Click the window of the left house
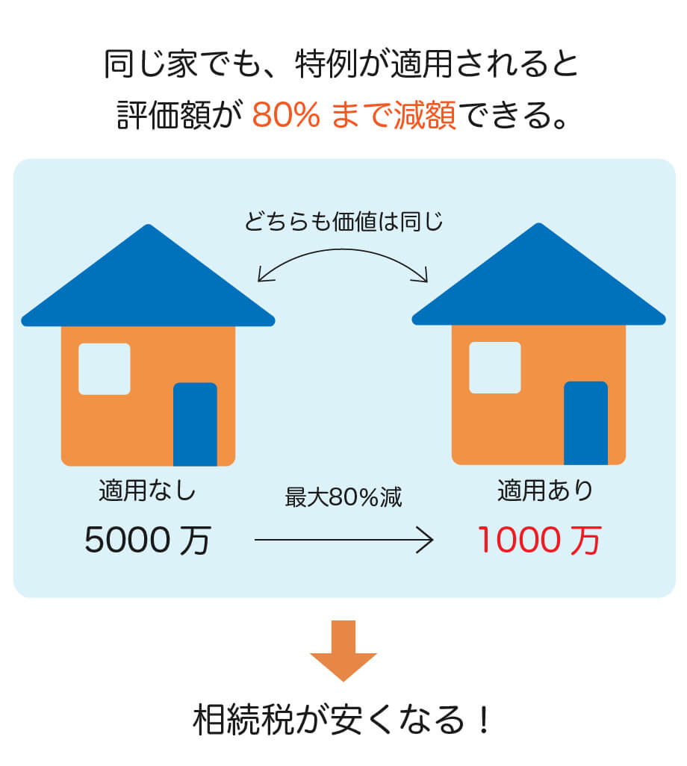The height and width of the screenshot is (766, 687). [x=105, y=369]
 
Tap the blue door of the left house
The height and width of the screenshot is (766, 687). [x=195, y=424]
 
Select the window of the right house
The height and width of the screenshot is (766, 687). [x=495, y=367]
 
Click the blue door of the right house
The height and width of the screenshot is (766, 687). [x=586, y=423]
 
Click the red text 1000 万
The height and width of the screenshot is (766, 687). [x=539, y=541]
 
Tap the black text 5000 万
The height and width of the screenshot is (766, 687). [x=148, y=541]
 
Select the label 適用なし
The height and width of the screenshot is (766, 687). [x=147, y=490]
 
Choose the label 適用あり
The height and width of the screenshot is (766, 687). [x=545, y=490]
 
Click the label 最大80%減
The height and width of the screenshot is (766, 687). [x=343, y=497]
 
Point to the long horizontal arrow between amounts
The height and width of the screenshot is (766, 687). [x=344, y=540]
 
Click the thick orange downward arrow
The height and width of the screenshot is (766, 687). [x=343, y=651]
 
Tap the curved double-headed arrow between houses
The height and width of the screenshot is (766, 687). [x=343, y=250]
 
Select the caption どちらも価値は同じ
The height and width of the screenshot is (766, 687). [x=343, y=222]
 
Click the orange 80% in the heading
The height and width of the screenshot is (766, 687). [x=286, y=115]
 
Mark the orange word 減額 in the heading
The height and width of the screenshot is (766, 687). [x=425, y=115]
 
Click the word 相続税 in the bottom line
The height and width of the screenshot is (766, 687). [x=243, y=720]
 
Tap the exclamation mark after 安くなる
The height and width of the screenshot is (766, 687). [x=484, y=720]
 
